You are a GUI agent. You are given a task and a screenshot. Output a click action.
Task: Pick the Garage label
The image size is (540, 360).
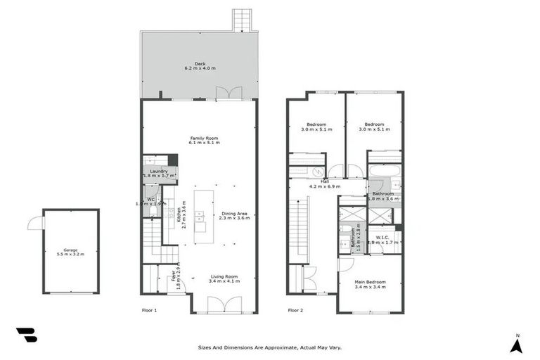tap(70, 251)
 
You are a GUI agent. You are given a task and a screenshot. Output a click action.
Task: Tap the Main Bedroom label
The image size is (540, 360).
tap(370, 284)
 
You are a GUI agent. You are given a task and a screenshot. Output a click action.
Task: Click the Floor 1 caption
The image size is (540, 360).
tap(150, 309)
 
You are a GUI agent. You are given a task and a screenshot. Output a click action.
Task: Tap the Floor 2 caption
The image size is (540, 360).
tap(295, 309)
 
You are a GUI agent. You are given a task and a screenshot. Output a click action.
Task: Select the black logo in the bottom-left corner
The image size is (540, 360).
tap(26, 335)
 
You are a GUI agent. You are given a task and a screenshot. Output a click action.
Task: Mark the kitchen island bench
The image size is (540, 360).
tap(200, 211)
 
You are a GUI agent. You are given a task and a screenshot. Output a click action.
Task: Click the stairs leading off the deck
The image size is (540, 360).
tap(243, 20)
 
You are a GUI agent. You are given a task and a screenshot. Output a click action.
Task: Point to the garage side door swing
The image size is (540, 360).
tap(33, 223)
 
